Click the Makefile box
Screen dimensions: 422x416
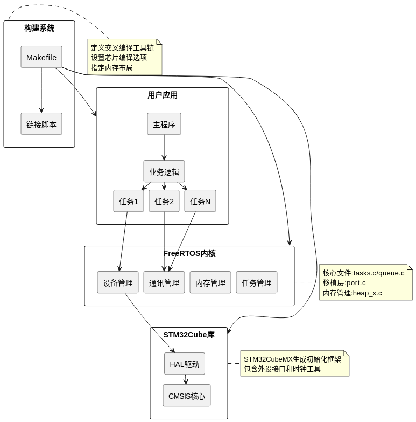(x=41, y=57)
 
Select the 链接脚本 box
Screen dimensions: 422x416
(x=41, y=123)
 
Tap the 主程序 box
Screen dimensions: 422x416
(x=164, y=124)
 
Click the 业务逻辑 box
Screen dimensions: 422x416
(x=164, y=171)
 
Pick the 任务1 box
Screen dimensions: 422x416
(x=129, y=202)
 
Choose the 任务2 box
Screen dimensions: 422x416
(x=164, y=202)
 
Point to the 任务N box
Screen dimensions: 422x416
(x=200, y=202)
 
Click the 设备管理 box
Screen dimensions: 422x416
(x=118, y=282)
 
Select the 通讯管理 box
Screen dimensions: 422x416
(x=164, y=282)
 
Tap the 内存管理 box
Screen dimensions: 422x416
(x=210, y=282)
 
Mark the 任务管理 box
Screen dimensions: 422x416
(x=257, y=282)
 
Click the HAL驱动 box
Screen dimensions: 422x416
(x=185, y=364)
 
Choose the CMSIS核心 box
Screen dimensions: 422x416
(x=187, y=396)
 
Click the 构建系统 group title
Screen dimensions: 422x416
(x=39, y=28)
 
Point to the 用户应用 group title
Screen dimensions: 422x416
(x=163, y=95)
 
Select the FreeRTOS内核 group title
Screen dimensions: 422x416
(x=189, y=253)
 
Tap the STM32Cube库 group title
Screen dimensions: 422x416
(x=189, y=335)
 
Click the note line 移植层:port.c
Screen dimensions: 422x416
(x=344, y=283)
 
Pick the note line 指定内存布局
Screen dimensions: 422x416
(x=112, y=68)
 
